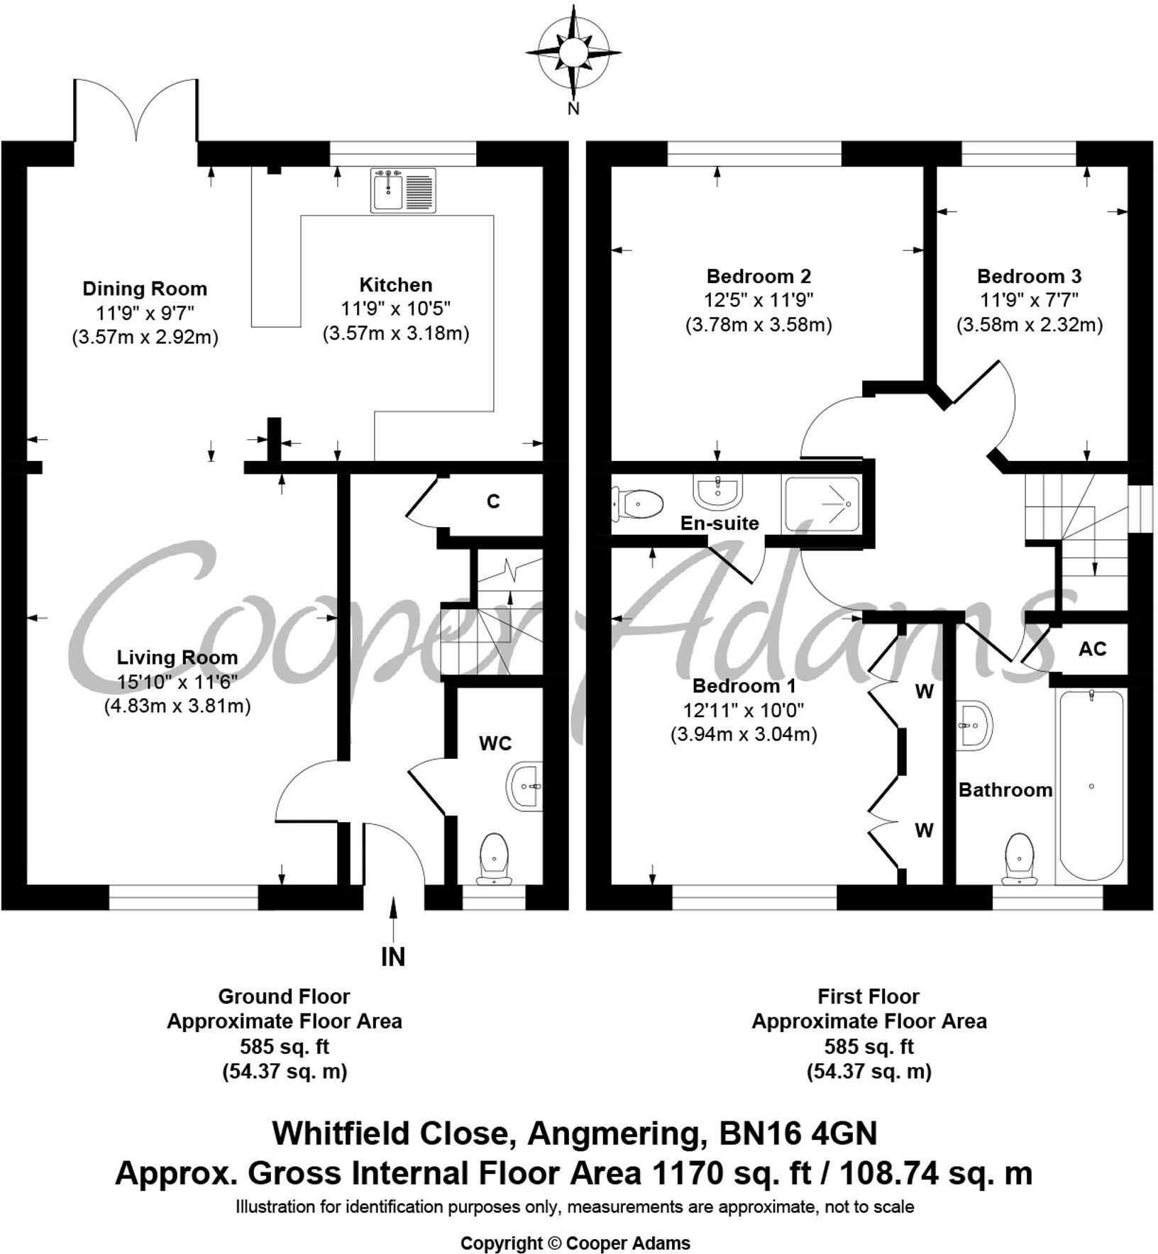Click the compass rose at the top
pyautogui.click(x=573, y=53)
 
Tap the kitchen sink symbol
pyautogui.click(x=403, y=190)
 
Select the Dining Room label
pyautogui.click(x=145, y=289)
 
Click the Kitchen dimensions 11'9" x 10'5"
pyautogui.click(x=396, y=309)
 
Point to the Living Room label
pyautogui.click(x=177, y=657)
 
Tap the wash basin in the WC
pyautogui.click(x=526, y=785)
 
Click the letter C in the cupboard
pyautogui.click(x=493, y=501)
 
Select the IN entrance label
pyautogui.click(x=393, y=958)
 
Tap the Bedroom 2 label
pyautogui.click(x=759, y=276)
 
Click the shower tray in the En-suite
pyautogui.click(x=821, y=504)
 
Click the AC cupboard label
pyautogui.click(x=1092, y=648)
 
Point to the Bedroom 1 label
pyautogui.click(x=744, y=686)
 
